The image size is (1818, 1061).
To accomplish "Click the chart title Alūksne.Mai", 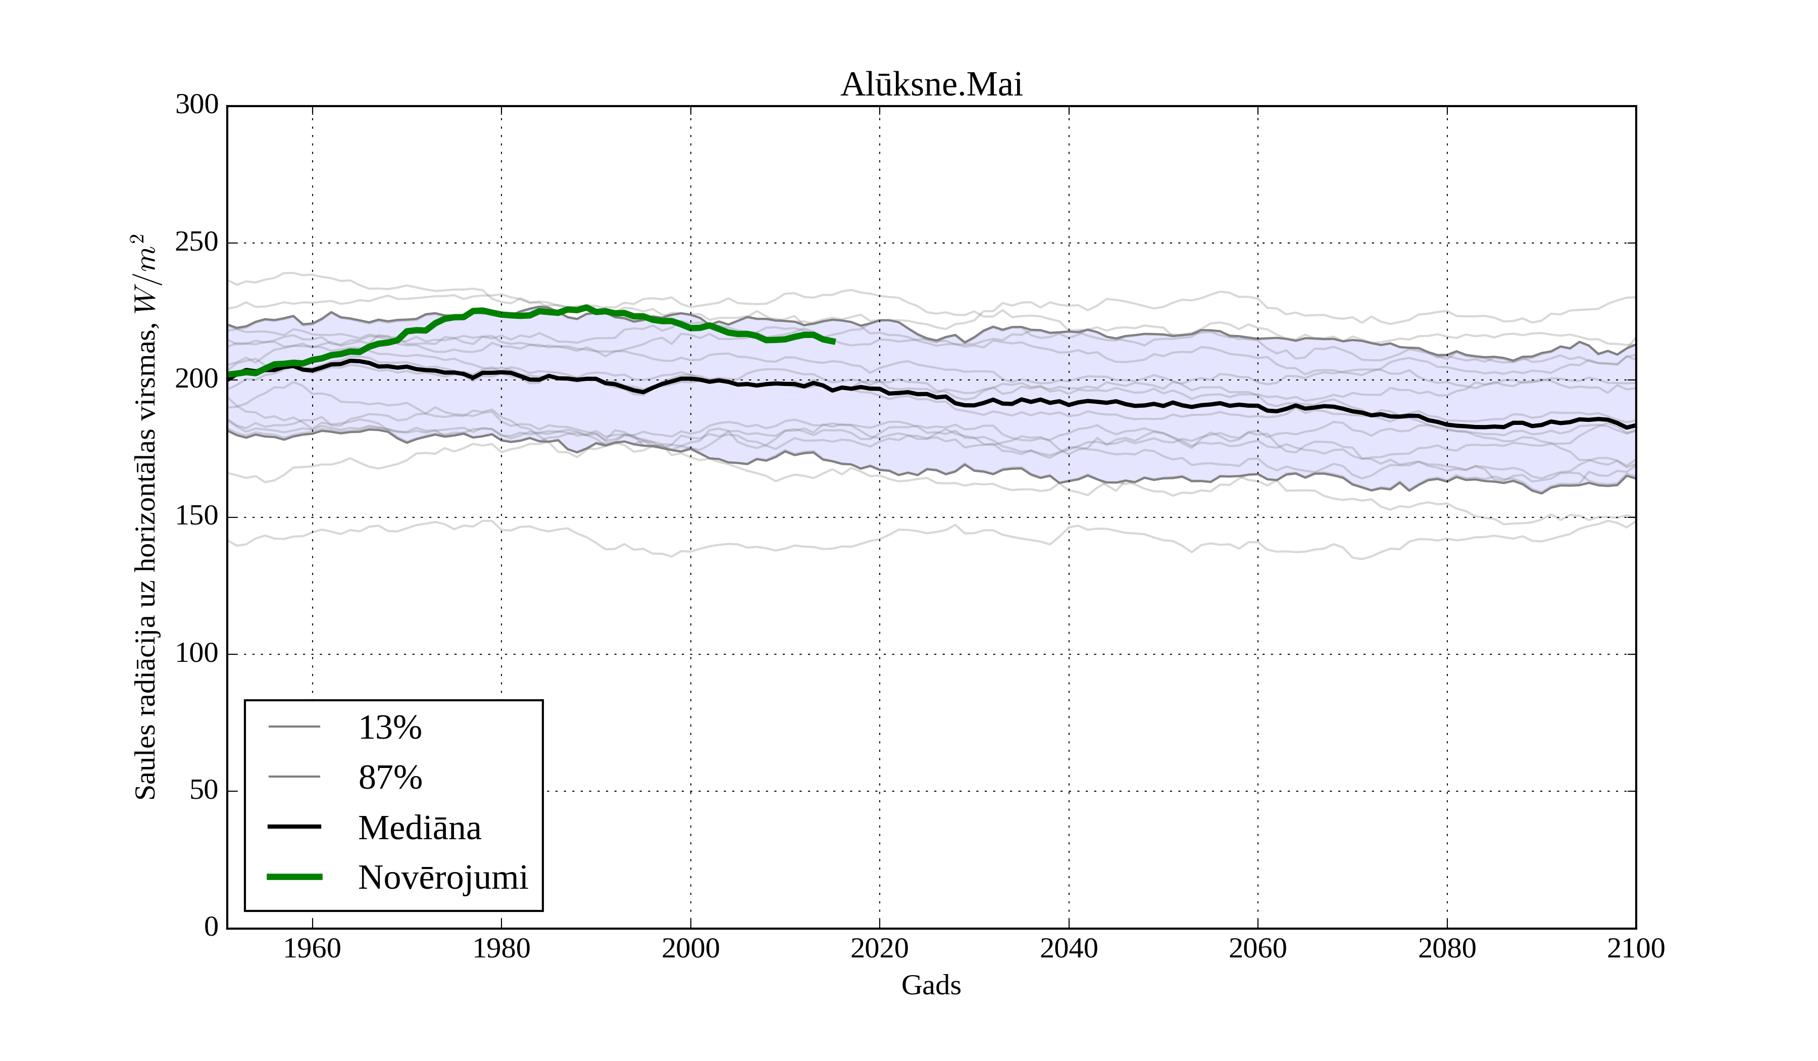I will pyautogui.click(x=931, y=85).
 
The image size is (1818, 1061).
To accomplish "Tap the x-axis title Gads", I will pyautogui.click(x=931, y=985).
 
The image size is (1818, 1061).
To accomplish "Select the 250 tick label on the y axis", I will pyautogui.click(x=197, y=242).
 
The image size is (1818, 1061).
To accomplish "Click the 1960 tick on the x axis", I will pyautogui.click(x=313, y=948).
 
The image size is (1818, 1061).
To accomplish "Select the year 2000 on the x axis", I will pyautogui.click(x=690, y=948).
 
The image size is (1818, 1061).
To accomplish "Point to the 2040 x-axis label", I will pyautogui.click(x=1069, y=948).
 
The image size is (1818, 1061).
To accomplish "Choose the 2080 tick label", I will pyautogui.click(x=1446, y=948).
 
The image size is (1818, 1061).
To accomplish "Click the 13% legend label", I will pyautogui.click(x=389, y=728).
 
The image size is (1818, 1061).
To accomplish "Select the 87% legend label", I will pyautogui.click(x=389, y=778).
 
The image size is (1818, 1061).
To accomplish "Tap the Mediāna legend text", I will pyautogui.click(x=419, y=828).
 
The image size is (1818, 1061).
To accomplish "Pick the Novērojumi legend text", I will pyautogui.click(x=443, y=878).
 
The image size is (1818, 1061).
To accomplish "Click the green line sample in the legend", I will pyautogui.click(x=294, y=877).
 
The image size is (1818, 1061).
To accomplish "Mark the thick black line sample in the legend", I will pyautogui.click(x=294, y=827).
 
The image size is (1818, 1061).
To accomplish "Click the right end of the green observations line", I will pyautogui.click(x=834, y=342).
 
